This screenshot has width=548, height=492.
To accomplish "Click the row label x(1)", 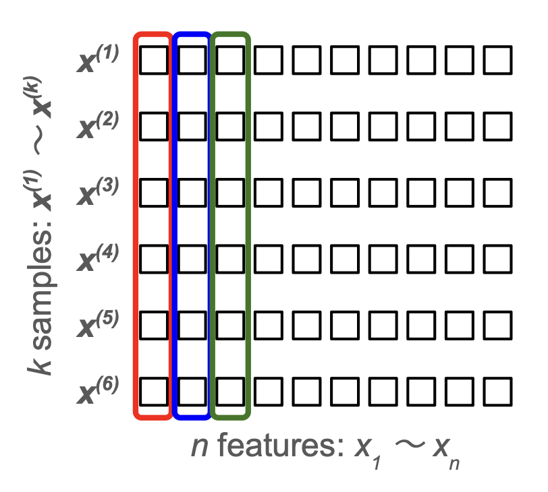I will pyautogui.click(x=98, y=59).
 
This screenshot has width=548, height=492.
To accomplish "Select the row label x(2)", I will pyautogui.click(x=98, y=125).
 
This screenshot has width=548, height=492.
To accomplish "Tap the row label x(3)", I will pyautogui.click(x=98, y=192).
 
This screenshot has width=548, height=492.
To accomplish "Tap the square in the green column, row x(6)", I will pyautogui.click(x=230, y=391).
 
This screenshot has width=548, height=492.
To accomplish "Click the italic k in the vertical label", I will pyautogui.click(x=38, y=367).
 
